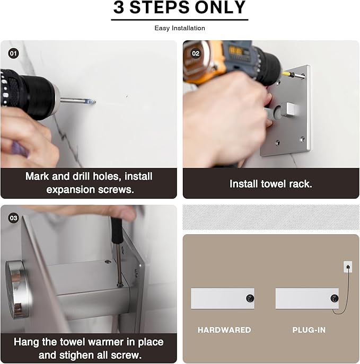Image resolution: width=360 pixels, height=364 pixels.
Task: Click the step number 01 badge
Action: [13, 54]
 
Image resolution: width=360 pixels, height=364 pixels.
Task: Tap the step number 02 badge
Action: [196, 54]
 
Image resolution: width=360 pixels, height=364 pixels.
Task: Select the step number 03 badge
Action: [13, 218]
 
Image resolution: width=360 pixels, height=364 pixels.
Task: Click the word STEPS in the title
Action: [160, 7]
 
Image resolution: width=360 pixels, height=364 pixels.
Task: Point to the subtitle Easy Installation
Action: [180, 28]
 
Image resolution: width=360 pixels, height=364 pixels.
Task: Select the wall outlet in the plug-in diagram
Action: [348, 267]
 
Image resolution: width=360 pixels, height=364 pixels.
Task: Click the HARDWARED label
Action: [224, 330]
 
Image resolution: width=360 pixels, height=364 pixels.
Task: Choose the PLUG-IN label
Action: [309, 330]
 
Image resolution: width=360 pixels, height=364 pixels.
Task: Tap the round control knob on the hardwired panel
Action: [250, 298]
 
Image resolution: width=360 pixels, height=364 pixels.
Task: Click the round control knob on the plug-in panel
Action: [335, 298]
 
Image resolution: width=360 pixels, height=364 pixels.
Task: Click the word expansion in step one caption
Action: [71, 190]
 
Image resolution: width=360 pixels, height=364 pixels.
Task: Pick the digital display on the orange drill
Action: [236, 51]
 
